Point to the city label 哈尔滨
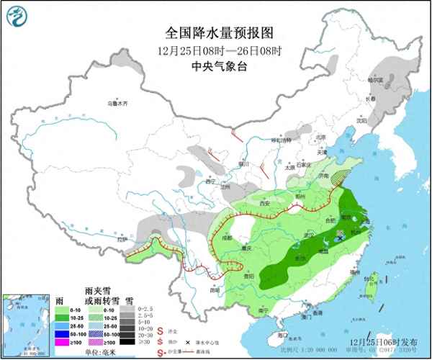point(375,81)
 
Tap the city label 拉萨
point(122,238)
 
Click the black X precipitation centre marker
point(339,237)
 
